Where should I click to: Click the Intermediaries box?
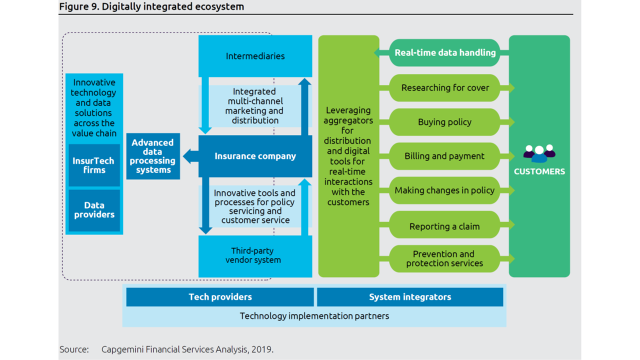[x=255, y=56]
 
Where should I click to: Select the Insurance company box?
[x=255, y=156]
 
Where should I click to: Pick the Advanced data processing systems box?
[x=153, y=156]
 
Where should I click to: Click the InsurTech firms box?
[x=94, y=165]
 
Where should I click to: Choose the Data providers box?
[x=94, y=210]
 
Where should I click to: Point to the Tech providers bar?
[x=220, y=297]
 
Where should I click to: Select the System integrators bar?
[x=410, y=297]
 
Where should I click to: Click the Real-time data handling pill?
[x=445, y=52]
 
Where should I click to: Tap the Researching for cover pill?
[x=445, y=88]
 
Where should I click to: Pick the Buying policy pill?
[x=445, y=122]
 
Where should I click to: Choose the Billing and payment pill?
[x=445, y=156]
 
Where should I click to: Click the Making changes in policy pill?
[x=445, y=190]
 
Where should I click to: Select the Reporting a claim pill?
[x=445, y=226]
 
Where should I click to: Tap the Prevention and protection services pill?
[x=445, y=258]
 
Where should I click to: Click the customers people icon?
[x=539, y=153]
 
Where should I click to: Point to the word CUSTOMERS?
[x=539, y=171]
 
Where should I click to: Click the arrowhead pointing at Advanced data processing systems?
[x=187, y=156]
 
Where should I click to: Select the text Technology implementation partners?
[x=314, y=316]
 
